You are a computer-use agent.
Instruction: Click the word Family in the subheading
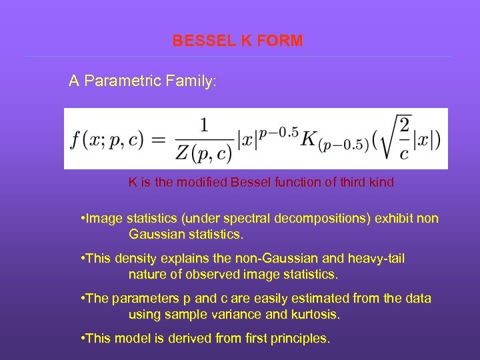pos(189,81)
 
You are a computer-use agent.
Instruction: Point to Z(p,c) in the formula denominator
pos(203,154)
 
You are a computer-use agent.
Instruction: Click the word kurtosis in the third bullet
pos(315,313)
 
